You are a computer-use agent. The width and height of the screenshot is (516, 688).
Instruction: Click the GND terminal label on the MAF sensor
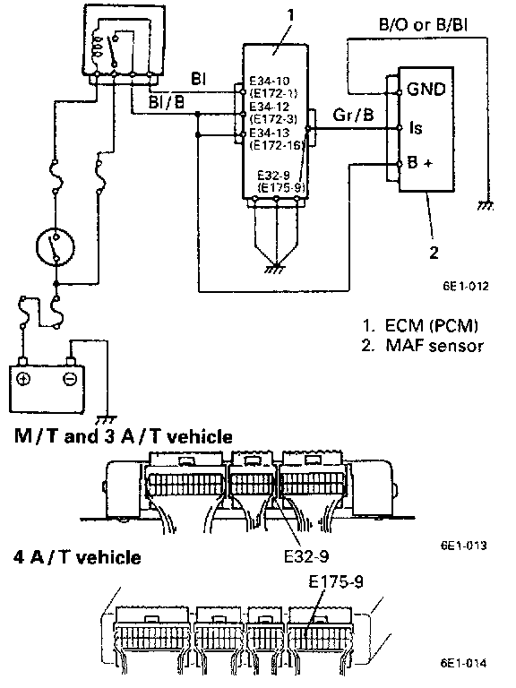click(x=426, y=89)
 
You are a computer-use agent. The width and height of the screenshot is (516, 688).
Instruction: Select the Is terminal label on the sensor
click(x=416, y=128)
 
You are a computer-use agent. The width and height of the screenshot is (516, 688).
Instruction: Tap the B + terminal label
click(x=420, y=163)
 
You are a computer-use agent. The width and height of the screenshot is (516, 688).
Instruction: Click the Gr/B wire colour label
click(x=353, y=115)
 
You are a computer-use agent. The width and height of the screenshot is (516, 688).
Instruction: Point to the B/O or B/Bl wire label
click(x=423, y=24)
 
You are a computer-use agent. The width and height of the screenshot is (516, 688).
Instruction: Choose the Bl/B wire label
click(x=167, y=102)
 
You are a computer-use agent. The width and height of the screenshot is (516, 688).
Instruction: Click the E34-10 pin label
click(x=270, y=81)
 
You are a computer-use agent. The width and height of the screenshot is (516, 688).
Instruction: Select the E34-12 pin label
click(x=270, y=107)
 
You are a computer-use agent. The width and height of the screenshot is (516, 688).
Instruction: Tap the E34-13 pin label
click(x=270, y=133)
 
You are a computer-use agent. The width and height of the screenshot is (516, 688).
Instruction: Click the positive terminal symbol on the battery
click(x=23, y=378)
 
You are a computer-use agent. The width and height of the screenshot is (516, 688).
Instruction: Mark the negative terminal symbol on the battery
click(x=69, y=378)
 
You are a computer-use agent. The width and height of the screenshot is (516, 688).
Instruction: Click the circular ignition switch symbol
click(x=56, y=247)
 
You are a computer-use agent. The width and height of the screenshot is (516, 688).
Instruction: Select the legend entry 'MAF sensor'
click(x=434, y=346)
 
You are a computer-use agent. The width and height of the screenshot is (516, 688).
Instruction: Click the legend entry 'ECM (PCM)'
click(x=431, y=325)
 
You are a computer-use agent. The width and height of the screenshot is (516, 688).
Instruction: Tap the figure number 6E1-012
click(x=466, y=287)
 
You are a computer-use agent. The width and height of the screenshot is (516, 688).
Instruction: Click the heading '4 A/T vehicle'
click(x=78, y=557)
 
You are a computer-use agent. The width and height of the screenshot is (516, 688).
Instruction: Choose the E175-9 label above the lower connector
click(x=336, y=582)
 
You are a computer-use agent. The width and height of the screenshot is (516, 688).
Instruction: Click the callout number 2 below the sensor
click(x=434, y=253)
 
